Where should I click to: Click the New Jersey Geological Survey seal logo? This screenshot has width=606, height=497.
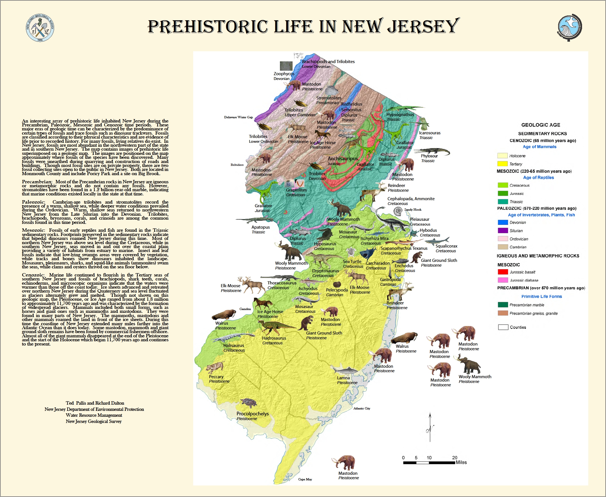click(40, 28)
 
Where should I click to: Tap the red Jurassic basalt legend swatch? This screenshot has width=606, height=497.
click(503, 272)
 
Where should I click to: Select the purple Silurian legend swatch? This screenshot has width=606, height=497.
click(503, 231)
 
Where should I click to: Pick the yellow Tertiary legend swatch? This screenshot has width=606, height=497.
click(502, 164)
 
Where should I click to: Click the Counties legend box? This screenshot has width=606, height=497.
click(503, 327)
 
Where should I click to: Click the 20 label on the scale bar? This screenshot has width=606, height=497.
click(454, 458)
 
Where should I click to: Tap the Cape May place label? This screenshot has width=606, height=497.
click(305, 479)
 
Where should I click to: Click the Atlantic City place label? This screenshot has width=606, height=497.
click(362, 408)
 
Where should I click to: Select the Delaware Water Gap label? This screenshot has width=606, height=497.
click(238, 117)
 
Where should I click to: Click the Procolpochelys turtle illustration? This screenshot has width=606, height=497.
click(248, 403)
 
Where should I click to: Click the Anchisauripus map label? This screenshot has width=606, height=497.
click(342, 159)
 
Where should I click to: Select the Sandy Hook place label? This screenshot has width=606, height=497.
click(413, 210)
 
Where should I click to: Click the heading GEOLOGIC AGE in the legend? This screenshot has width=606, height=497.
click(540, 125)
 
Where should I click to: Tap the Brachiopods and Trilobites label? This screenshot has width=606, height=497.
click(328, 62)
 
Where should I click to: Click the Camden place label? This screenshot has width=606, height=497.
click(245, 309)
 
